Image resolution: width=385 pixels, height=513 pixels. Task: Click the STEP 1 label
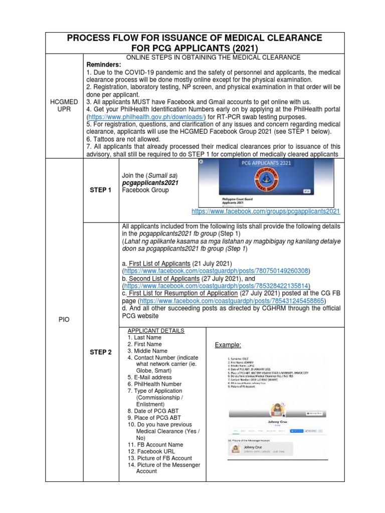click(100, 190)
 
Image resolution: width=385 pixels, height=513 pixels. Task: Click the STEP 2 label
click(100, 352)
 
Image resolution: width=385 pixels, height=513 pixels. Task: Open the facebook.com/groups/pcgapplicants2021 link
click(266, 211)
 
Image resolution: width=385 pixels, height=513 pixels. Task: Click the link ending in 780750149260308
click(217, 271)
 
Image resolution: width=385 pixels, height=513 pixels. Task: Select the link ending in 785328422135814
click(217, 286)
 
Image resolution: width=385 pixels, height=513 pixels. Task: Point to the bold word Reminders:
click(105, 65)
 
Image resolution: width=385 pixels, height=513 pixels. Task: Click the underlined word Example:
click(229, 345)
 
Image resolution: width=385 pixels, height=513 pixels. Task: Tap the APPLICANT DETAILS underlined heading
click(156, 331)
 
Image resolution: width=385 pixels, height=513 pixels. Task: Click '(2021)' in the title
click(239, 49)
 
